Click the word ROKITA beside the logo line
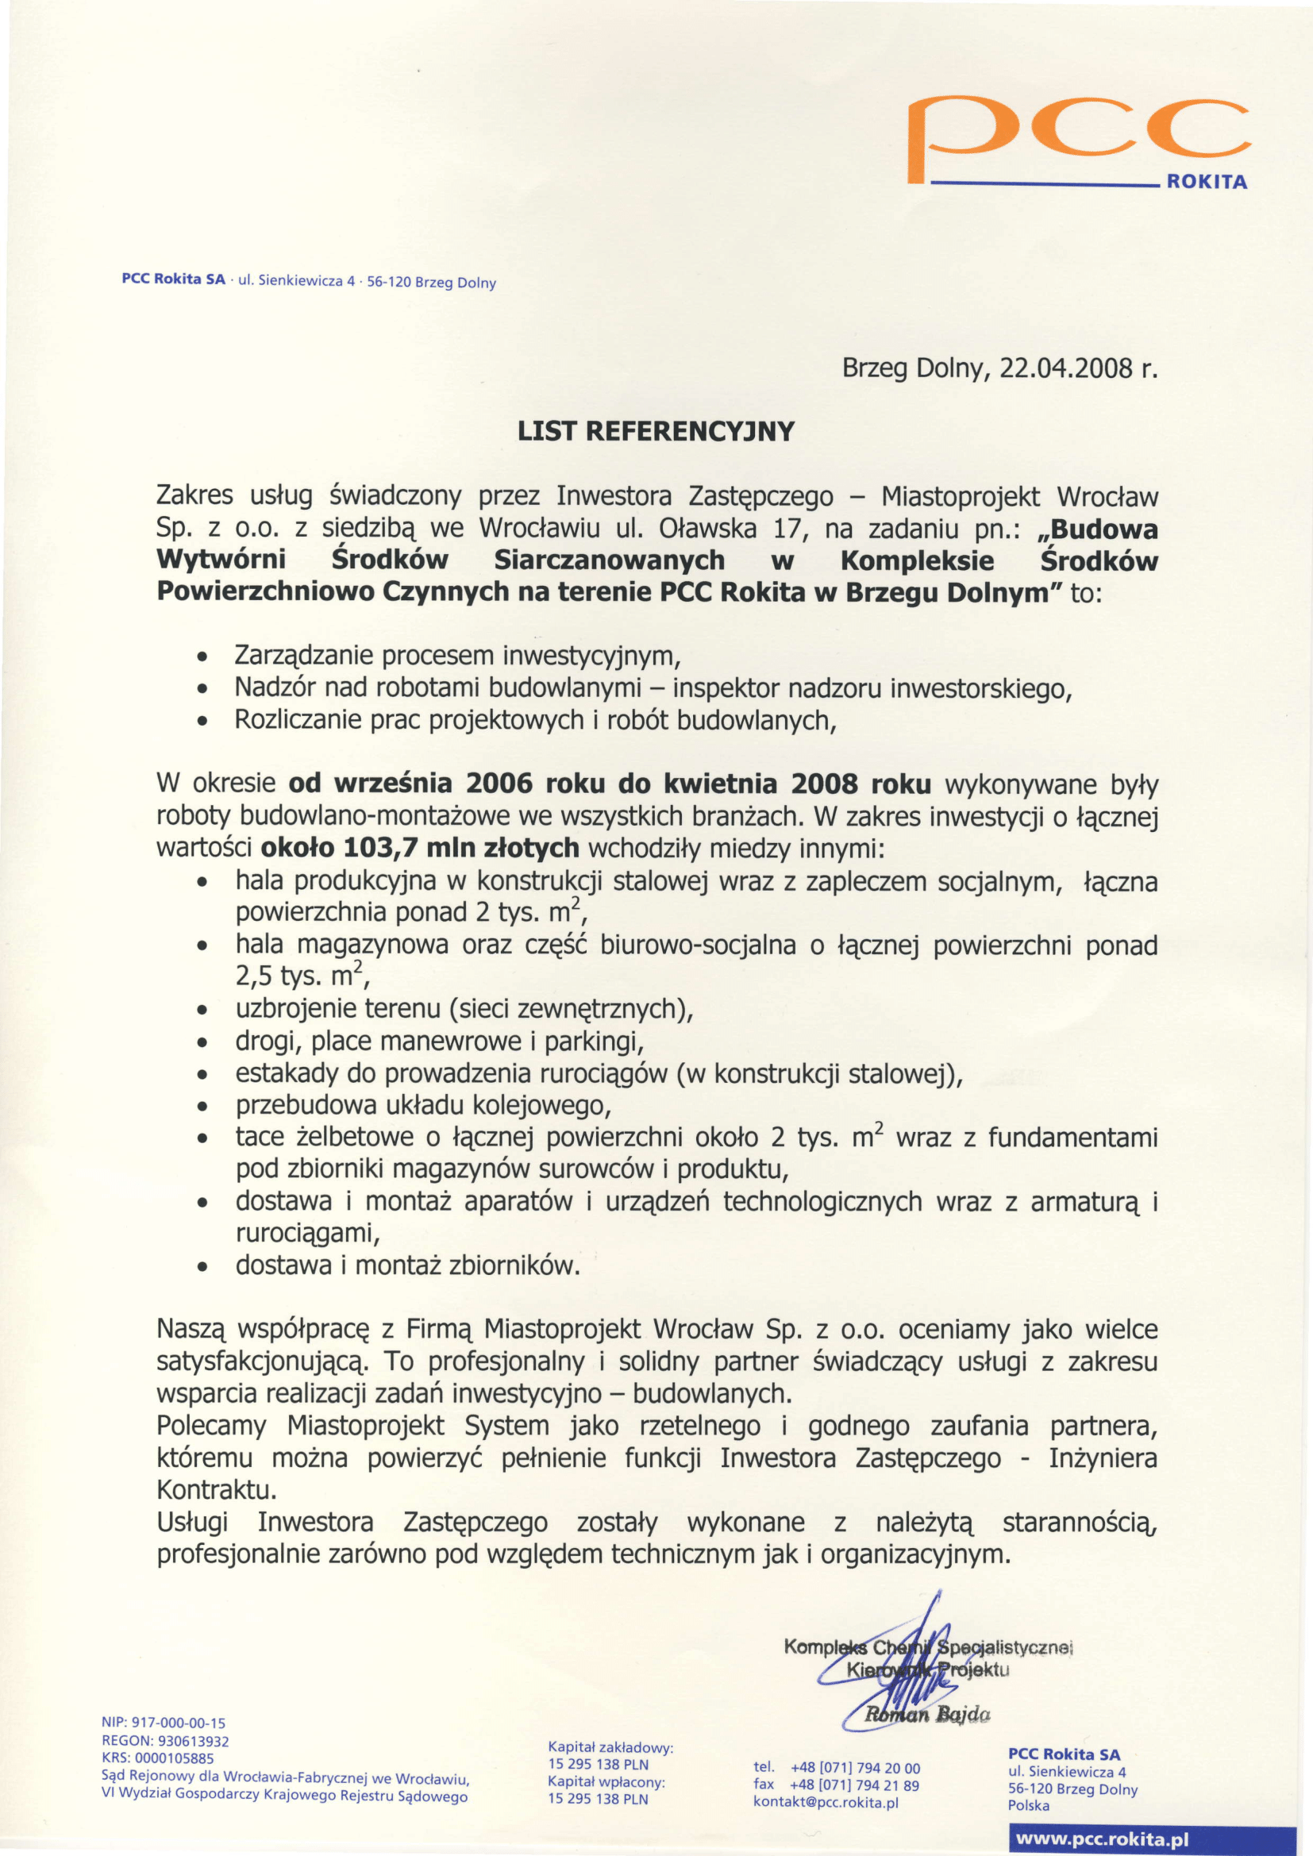point(1207,182)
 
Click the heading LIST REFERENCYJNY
point(656,432)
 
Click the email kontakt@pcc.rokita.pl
point(826,1802)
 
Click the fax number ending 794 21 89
point(855,1785)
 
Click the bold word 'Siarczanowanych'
point(610,560)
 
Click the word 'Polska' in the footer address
point(1028,1805)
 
